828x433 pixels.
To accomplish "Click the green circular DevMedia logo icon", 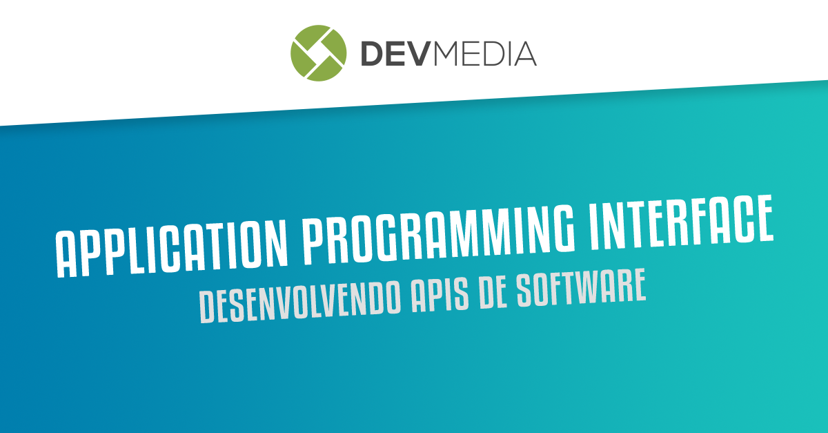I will click(318, 52).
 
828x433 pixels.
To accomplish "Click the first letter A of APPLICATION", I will click(66, 256).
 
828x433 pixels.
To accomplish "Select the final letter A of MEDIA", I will click(526, 53).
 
